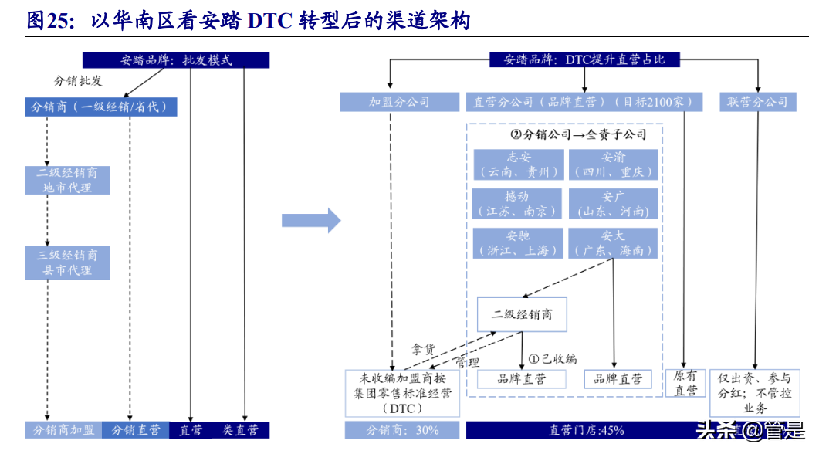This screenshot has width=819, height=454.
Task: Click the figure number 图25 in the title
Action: pos(48,21)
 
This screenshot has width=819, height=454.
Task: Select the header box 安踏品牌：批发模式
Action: pos(176,60)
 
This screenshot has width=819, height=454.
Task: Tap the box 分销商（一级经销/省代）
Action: pos(100,107)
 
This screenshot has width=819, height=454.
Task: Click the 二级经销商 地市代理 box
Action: pos(67,180)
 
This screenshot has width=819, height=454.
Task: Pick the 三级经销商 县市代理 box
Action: pos(67,263)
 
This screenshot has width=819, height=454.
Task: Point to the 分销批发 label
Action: pos(78,81)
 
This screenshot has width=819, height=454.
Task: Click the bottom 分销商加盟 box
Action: pos(63,430)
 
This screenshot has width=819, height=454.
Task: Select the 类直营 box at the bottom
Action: pos(241,430)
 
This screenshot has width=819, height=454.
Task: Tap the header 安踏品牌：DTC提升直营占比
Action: pos(584,59)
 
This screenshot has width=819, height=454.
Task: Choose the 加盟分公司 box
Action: pos(398,102)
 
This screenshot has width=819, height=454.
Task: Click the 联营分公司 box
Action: pos(757,102)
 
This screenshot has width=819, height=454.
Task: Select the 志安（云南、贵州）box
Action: pos(518,164)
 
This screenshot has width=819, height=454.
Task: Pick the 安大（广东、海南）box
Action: pos(613,242)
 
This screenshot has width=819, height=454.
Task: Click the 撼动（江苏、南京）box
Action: pos(518,204)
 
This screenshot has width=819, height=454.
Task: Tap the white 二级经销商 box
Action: pos(522,315)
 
